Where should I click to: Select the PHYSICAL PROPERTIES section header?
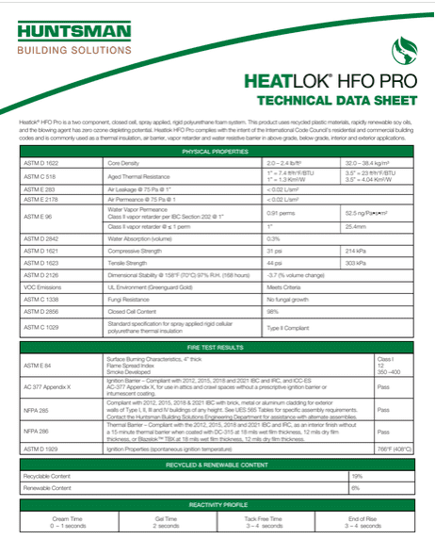pos(217,151)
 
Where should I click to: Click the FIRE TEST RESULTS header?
pos(217,348)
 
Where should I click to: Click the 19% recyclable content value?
pos(356,476)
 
